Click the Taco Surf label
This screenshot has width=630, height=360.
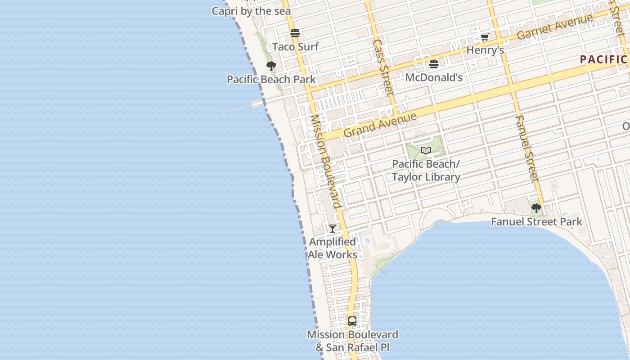pos(296,47)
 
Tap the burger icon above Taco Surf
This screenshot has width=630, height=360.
pos(295,33)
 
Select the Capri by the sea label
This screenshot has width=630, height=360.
pos(251,11)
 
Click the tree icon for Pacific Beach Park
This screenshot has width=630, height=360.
pos(271,66)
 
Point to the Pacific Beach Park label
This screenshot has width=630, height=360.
pos(271,80)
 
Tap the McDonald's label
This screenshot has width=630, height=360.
pos(434,77)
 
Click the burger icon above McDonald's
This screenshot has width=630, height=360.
pos(434,64)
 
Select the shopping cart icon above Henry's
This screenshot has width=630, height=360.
pos(485,37)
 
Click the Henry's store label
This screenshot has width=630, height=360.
pos(485,50)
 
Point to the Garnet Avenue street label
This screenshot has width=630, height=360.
pos(555,27)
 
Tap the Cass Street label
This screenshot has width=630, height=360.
pos(383,67)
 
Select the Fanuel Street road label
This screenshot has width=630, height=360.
pos(526,148)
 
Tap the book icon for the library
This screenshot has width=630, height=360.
pos(426,150)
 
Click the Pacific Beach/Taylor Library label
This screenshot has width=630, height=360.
pos(426,171)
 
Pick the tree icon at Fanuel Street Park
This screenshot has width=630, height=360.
pos(536,208)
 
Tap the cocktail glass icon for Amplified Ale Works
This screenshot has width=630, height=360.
pos(333,229)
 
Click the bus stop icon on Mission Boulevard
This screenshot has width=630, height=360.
pos(352,321)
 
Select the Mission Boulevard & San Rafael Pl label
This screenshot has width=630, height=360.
pos(352,341)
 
